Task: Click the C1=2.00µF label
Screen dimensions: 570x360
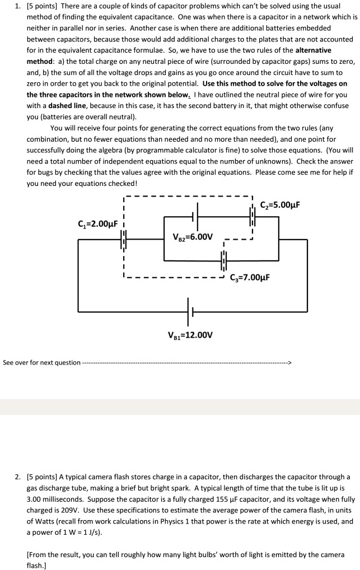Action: coord(97,224)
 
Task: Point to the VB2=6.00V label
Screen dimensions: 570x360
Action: coord(193,236)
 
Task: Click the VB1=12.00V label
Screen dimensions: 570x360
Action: coord(190,335)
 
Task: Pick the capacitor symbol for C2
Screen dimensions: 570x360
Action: coord(252,214)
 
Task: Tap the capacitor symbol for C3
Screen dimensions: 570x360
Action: coord(224,261)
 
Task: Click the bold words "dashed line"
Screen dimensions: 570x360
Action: coord(68,106)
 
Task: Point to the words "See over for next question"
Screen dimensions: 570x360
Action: coord(41,362)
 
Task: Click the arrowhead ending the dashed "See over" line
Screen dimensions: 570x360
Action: coord(289,362)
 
